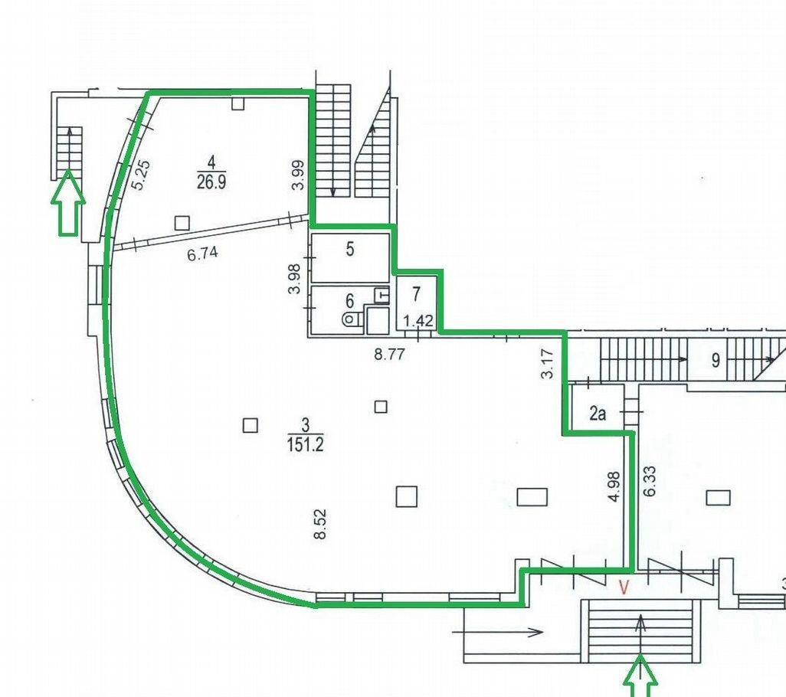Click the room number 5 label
coord(350,249)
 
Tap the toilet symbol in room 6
coord(353,318)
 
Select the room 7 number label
coord(417,294)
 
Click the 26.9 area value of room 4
coord(211,182)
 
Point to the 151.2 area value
coord(305,444)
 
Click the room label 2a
coord(597,414)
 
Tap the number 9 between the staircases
coord(716,360)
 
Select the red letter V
coord(624,587)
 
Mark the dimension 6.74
coord(202,254)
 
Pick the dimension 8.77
coord(389,355)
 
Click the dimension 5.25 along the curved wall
coord(140,175)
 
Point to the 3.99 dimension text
coord(298,175)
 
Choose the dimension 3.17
coord(548,364)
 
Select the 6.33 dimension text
coord(650,480)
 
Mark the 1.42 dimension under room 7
coord(418,320)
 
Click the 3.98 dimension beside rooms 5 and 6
coord(294,279)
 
